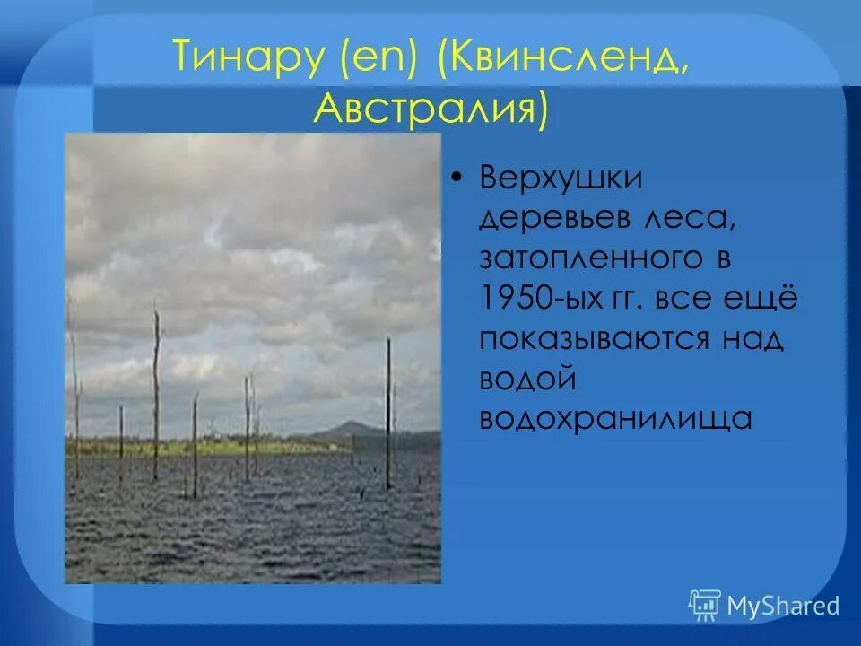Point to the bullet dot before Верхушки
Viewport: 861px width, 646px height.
pos(457,179)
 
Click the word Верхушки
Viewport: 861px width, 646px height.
pos(561,178)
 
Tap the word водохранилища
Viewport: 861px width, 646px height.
pos(615,420)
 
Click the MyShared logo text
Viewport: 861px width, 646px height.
pos(782,606)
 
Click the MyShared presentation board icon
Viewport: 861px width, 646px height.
pos(705,606)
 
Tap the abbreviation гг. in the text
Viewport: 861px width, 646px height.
pos(630,299)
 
